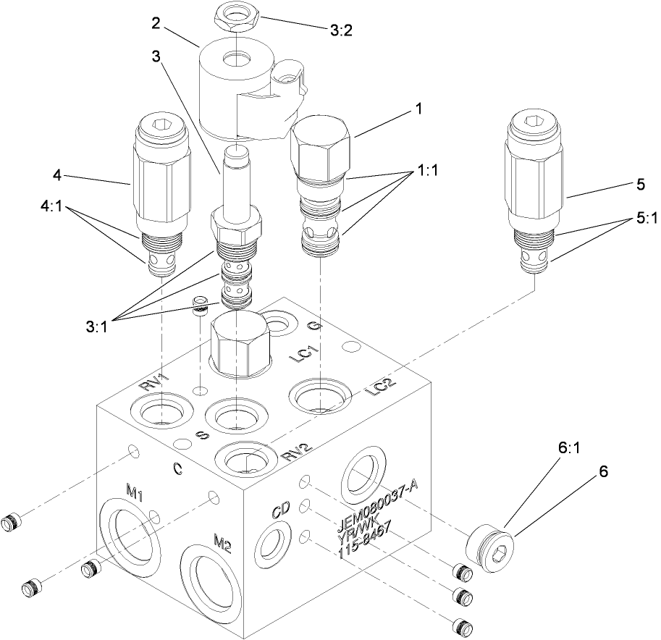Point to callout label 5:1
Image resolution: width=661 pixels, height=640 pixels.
pyautogui.click(x=642, y=220)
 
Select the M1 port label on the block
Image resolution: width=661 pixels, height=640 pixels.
pyautogui.click(x=135, y=492)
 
